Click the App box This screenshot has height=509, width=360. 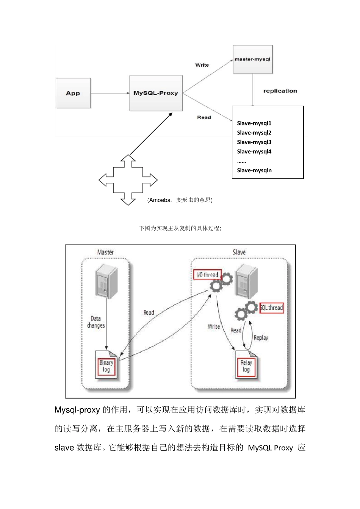[x=73, y=93]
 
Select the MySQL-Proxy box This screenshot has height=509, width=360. [x=156, y=93]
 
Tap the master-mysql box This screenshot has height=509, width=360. [x=252, y=59]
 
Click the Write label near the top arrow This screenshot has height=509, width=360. [x=202, y=65]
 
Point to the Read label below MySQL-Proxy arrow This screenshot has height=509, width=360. [x=204, y=117]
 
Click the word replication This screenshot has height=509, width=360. [x=280, y=91]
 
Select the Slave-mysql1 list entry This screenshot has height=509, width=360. [x=254, y=123]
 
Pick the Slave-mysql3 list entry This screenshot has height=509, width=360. [x=254, y=142]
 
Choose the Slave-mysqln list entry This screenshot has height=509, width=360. [x=254, y=170]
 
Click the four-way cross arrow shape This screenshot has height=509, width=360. [x=128, y=180]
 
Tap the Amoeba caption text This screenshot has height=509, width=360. [x=180, y=200]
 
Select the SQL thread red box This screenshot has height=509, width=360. [x=272, y=308]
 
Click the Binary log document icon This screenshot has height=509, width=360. [x=106, y=365]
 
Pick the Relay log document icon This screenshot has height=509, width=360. [x=246, y=365]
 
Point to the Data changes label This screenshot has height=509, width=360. [x=96, y=322]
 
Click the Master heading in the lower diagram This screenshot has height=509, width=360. [x=105, y=252]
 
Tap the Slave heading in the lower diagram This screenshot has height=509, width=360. [x=239, y=252]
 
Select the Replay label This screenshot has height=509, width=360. [x=261, y=337]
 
